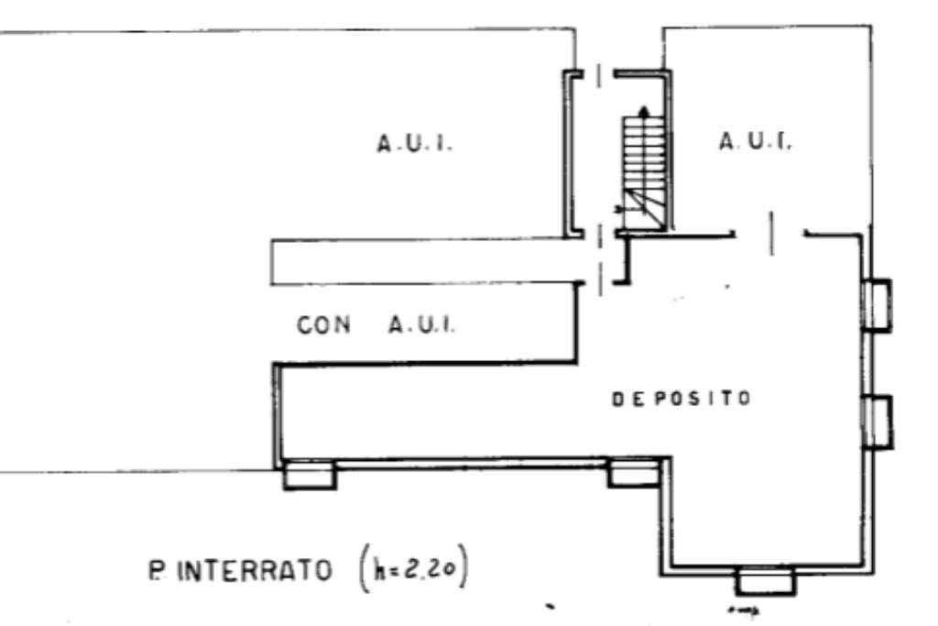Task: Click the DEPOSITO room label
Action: pos(682,399)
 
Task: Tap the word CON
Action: pos(323,325)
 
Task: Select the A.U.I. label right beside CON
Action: pos(421,324)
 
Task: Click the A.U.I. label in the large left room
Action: pos(415,144)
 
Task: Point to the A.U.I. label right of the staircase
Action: pos(756,141)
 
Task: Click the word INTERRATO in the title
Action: pos(255,570)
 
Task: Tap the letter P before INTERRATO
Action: pos(158,570)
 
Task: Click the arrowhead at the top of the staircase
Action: pos(644,111)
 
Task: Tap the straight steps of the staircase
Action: pos(644,153)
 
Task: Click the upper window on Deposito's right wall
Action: pos(877,305)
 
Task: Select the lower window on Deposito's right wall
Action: pos(878,422)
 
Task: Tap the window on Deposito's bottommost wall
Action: pos(765,581)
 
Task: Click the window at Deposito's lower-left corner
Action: pos(310,475)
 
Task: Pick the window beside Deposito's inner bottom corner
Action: pos(634,472)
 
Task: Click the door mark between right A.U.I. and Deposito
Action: pos(771,234)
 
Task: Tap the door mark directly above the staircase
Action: pos(599,77)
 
